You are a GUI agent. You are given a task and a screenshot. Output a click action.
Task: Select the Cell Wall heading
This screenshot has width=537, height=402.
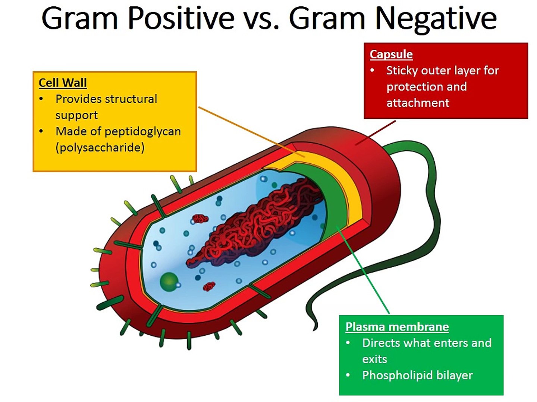pyautogui.click(x=63, y=82)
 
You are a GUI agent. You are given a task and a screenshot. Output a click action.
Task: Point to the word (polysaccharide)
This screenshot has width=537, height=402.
pyautogui.click(x=100, y=148)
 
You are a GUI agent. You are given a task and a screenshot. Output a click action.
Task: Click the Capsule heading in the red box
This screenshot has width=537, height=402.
pyautogui.click(x=391, y=54)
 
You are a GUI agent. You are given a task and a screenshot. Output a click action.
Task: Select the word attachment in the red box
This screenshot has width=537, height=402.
pyautogui.click(x=418, y=103)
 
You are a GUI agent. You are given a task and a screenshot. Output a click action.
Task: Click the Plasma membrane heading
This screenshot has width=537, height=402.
pyautogui.click(x=397, y=326)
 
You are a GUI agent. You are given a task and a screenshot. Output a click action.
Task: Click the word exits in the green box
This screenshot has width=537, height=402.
pyautogui.click(x=374, y=359)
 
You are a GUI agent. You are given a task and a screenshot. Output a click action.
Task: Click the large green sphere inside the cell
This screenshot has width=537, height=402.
pyautogui.click(x=169, y=281)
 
